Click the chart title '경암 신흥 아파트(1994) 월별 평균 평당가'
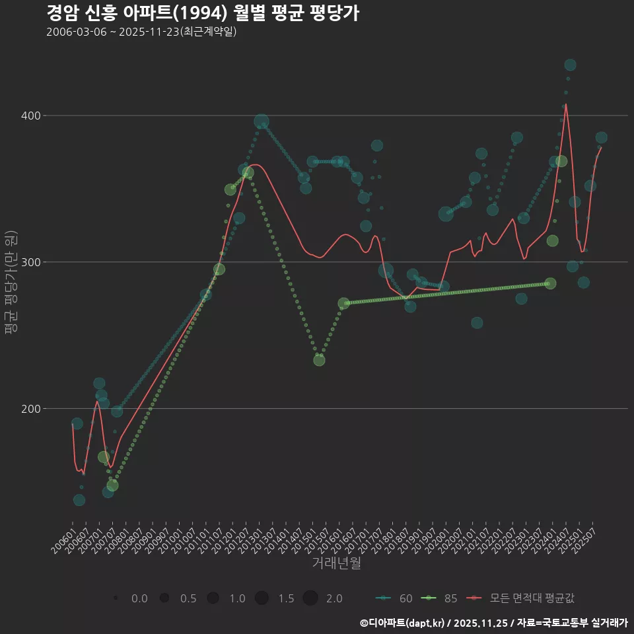203,13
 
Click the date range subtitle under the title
141,32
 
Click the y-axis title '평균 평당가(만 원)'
10,284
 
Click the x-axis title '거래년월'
336,563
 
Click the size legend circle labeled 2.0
310,598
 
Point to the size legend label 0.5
188,598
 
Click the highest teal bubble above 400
570,65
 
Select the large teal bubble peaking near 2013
262,122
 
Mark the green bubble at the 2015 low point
319,360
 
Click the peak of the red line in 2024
566,104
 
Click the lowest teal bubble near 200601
79,500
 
